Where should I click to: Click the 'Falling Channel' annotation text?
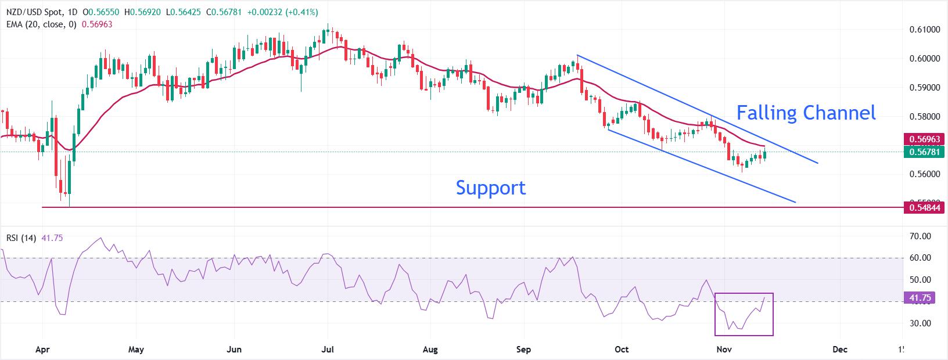[x=806, y=113]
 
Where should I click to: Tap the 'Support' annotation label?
[x=490, y=188]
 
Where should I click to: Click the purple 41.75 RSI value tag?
[x=921, y=298]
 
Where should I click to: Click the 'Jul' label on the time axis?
[x=327, y=350]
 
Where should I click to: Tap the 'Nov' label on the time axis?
[x=723, y=350]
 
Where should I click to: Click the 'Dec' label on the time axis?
[x=839, y=350]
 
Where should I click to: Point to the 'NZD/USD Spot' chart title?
[x=31, y=12]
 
